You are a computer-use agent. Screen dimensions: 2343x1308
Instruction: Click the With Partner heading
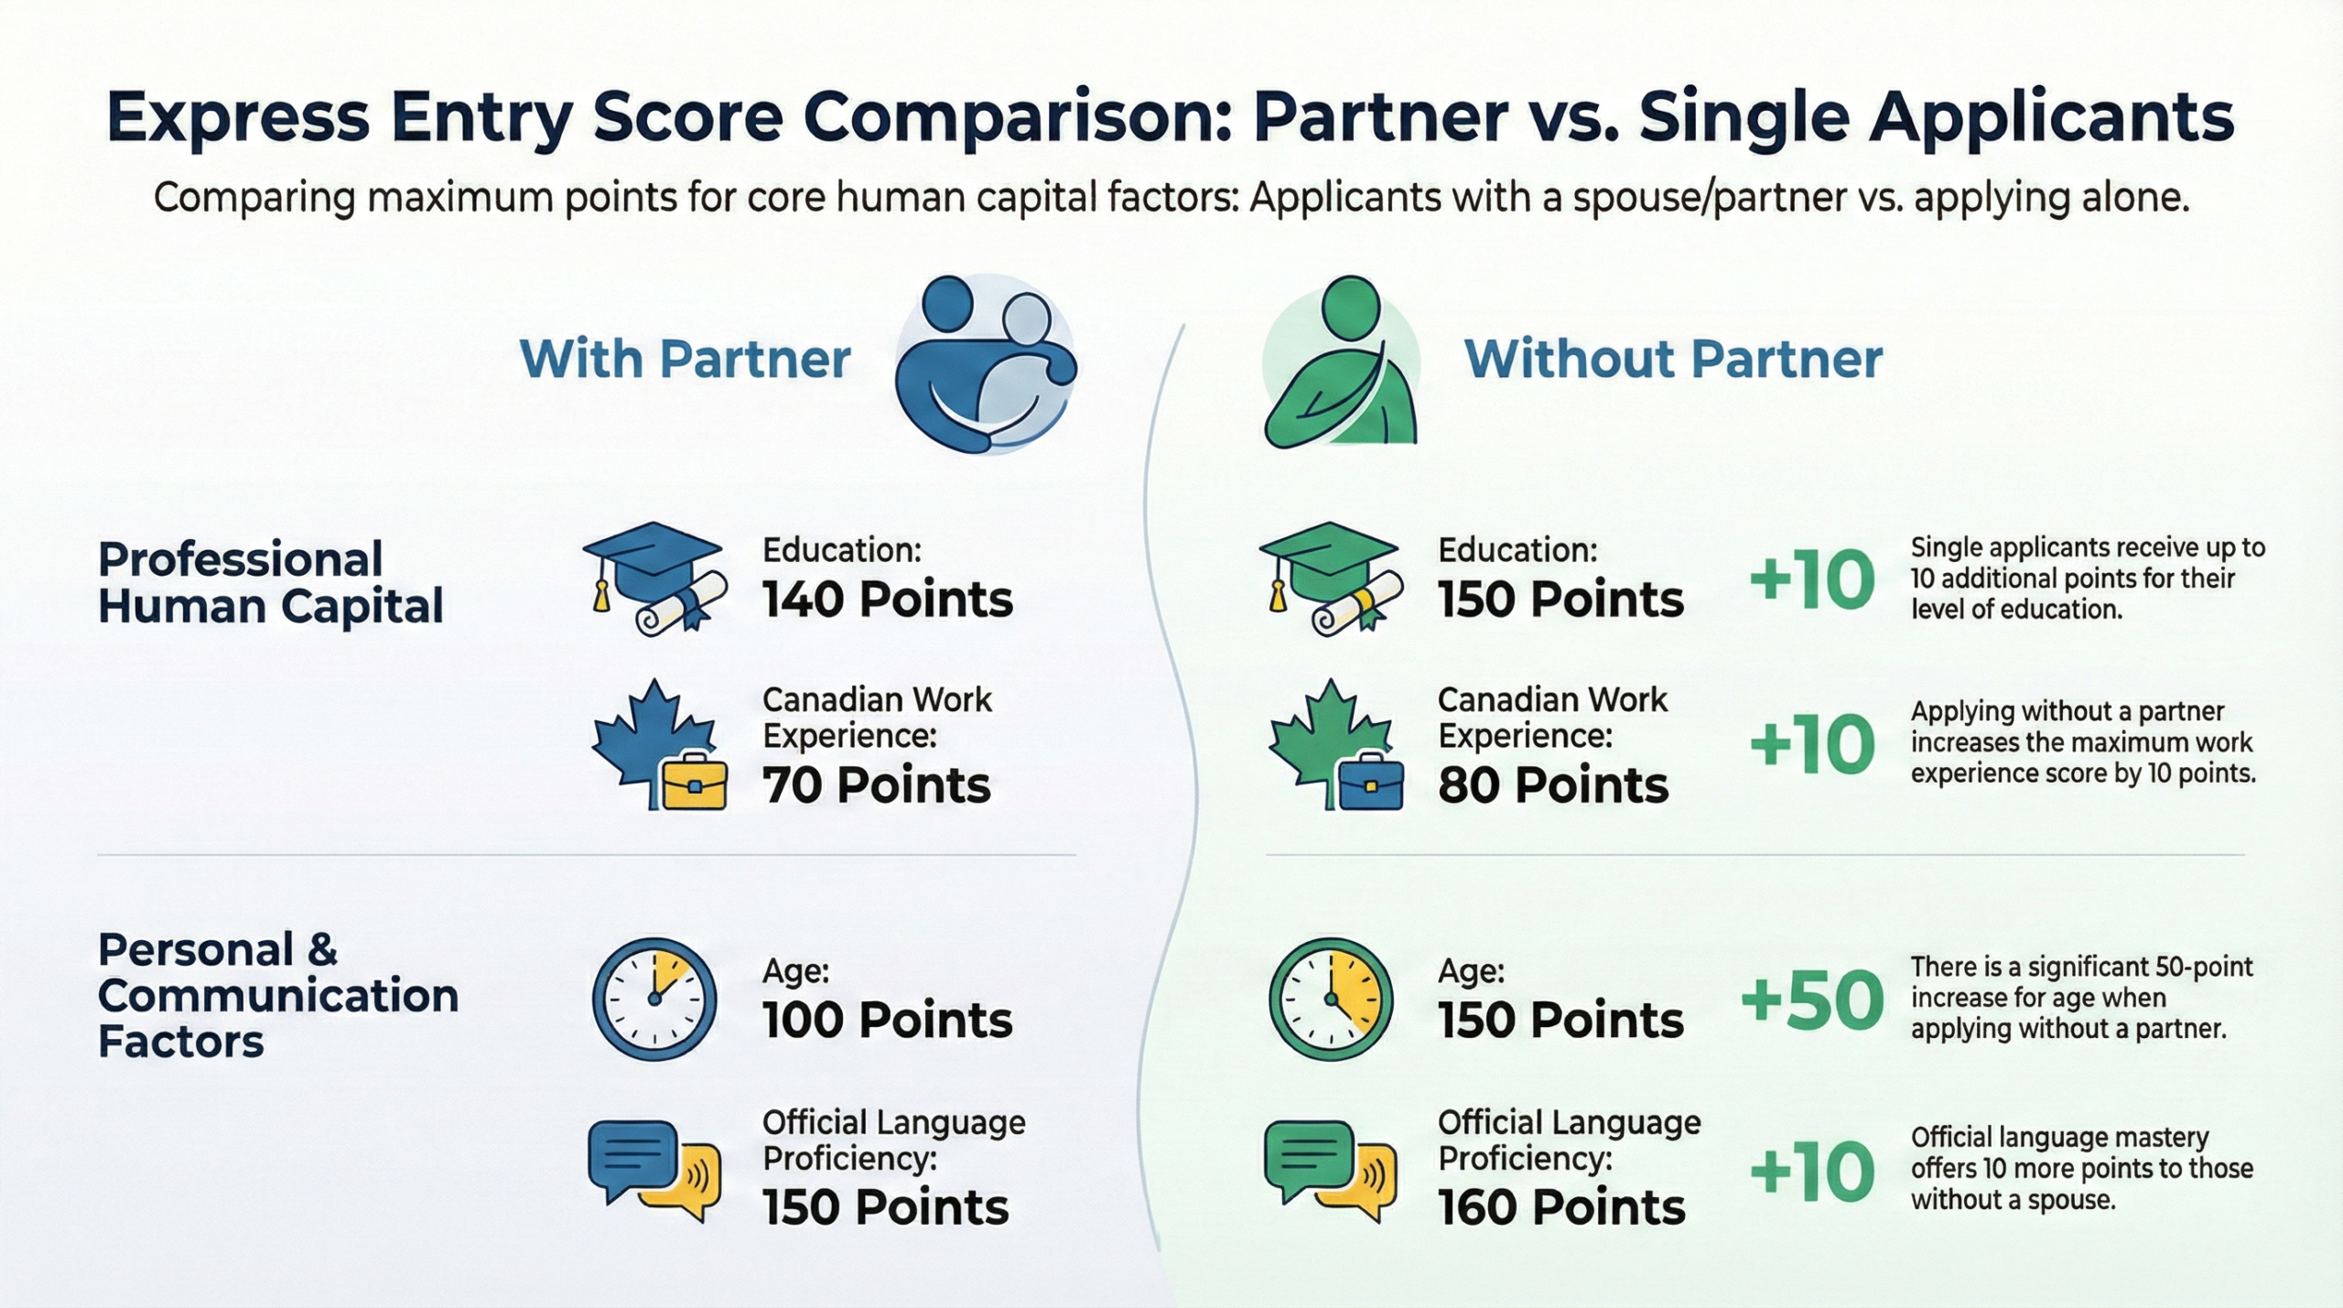(x=686, y=359)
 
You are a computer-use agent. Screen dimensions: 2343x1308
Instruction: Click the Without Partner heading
(x=1674, y=359)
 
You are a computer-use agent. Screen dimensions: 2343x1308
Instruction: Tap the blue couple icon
(x=985, y=364)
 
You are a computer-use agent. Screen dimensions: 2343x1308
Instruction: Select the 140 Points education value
(x=888, y=600)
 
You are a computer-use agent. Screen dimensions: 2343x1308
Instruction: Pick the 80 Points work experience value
(x=1553, y=785)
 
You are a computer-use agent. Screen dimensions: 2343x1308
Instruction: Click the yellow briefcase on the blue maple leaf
(x=694, y=782)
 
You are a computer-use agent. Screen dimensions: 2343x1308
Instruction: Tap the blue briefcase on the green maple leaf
(x=1370, y=782)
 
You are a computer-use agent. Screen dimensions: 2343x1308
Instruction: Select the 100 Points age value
(x=888, y=1021)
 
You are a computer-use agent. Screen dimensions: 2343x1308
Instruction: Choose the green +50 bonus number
(x=1812, y=1000)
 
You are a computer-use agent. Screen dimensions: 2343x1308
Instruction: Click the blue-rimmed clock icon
(x=654, y=999)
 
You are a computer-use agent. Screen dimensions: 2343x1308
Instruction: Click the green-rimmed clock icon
(x=1331, y=999)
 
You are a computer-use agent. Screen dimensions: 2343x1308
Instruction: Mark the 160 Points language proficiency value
(x=1561, y=1208)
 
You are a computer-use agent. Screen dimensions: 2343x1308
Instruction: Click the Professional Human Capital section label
(x=271, y=583)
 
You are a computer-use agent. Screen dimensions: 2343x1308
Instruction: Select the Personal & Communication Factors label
(x=278, y=996)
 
